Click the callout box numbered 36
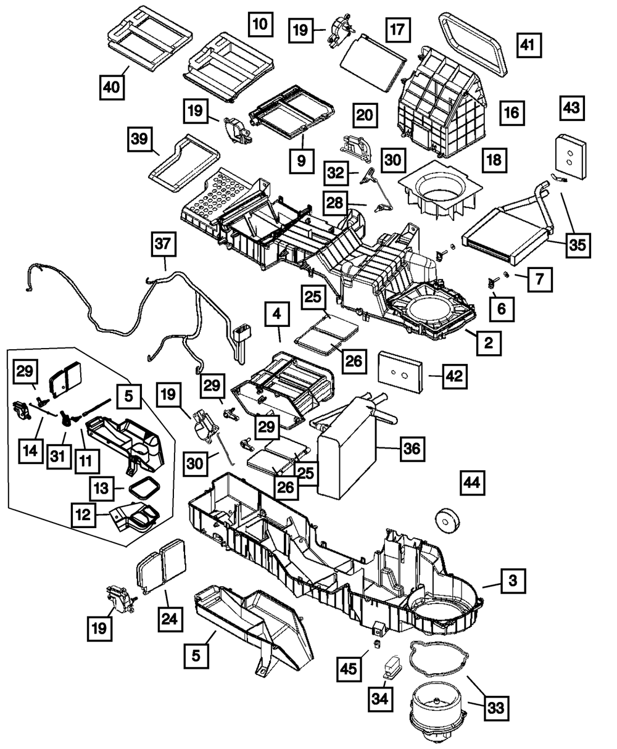pos(412,449)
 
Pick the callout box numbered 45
pos(350,669)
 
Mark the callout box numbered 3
pos(513,581)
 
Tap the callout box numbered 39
pos(139,141)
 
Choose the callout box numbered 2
pos(488,343)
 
